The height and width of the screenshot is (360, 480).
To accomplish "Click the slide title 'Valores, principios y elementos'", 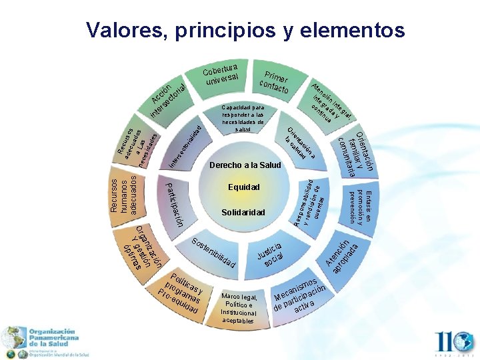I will (x=245, y=30).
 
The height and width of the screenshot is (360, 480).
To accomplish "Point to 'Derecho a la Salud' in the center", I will (x=245, y=165).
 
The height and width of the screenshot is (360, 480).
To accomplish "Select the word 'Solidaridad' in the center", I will (x=244, y=212).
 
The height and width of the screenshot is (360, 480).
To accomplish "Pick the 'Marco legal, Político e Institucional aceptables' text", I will (x=239, y=309).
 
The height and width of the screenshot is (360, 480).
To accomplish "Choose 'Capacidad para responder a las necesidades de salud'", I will (x=243, y=118).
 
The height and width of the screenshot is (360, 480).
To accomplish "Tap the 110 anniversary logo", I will (x=453, y=343).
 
